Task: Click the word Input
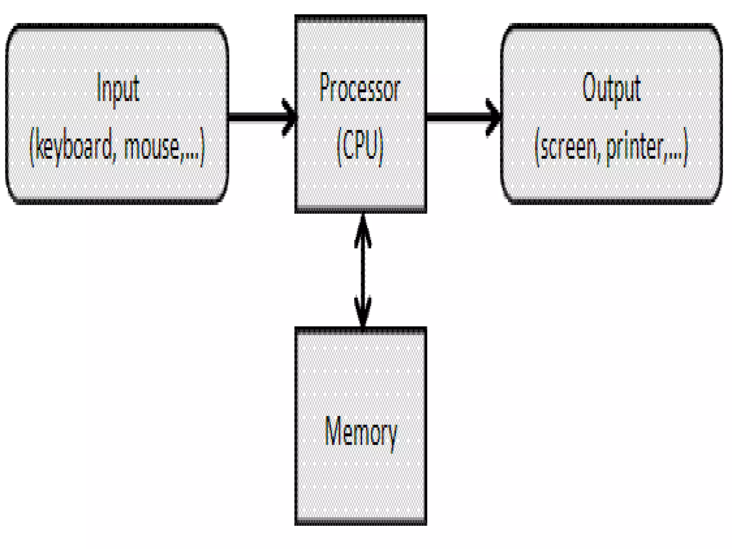[118, 88]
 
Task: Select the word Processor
[360, 88]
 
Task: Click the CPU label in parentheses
[360, 147]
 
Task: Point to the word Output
[611, 88]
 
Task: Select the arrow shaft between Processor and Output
[457, 117]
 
